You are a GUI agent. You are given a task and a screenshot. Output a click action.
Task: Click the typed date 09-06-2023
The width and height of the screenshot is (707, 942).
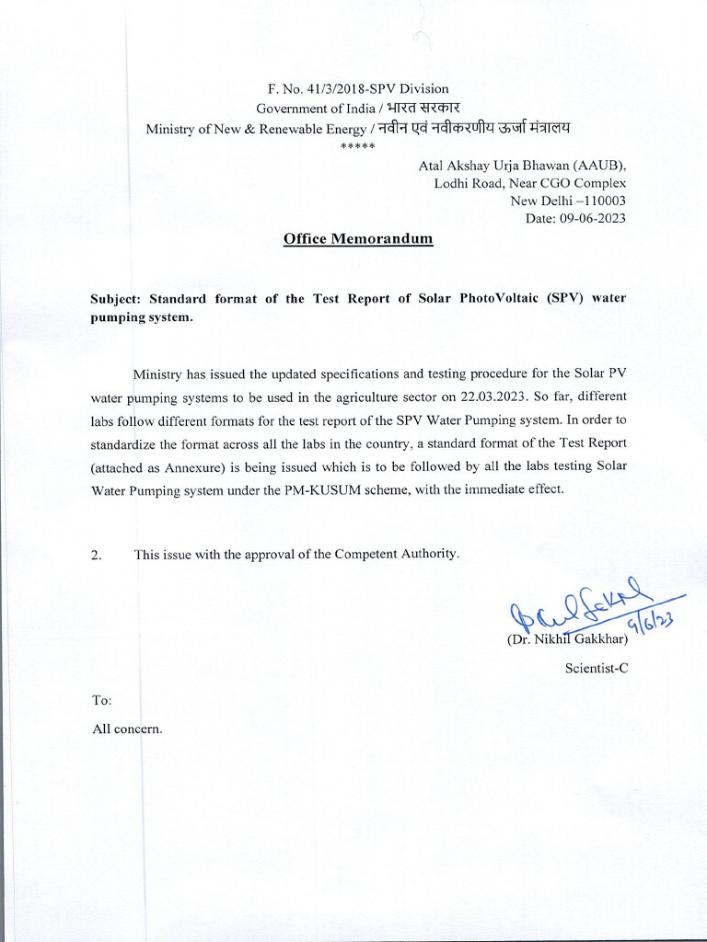[593, 218]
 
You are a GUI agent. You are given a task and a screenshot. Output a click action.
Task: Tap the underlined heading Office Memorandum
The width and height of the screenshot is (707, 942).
[357, 239]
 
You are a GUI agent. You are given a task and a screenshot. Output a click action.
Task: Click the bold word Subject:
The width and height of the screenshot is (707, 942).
[114, 299]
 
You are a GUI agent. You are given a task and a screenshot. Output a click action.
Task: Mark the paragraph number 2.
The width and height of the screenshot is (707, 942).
[96, 555]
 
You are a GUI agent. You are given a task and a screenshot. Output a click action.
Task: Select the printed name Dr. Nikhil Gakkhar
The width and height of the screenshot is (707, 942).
[567, 639]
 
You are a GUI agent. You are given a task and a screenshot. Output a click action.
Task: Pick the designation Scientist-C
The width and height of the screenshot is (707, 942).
[597, 669]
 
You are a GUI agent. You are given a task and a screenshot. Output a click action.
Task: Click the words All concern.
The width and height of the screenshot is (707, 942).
[127, 729]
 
